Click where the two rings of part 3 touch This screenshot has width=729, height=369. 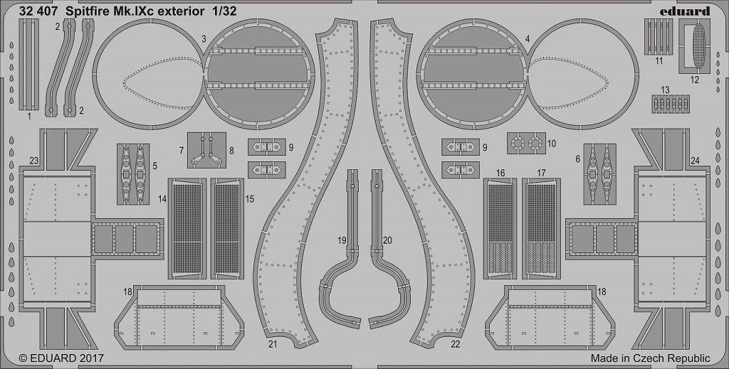coord(204,74)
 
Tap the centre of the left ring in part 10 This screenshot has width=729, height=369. coord(517,143)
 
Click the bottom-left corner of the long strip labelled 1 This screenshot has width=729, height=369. coord(19,110)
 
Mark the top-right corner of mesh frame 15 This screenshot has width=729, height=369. coord(243,178)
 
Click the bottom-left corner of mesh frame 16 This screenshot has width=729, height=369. coord(483,279)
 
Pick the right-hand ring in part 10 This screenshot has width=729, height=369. coord(535,143)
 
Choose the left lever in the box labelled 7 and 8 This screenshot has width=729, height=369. coord(200,150)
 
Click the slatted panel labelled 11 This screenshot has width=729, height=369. coord(659,37)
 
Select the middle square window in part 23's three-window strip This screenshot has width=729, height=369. coord(124,239)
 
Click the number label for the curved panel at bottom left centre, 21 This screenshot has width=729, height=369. coord(273,343)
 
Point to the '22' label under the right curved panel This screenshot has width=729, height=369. coord(455,344)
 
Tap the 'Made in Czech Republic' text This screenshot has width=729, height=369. coord(651,358)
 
